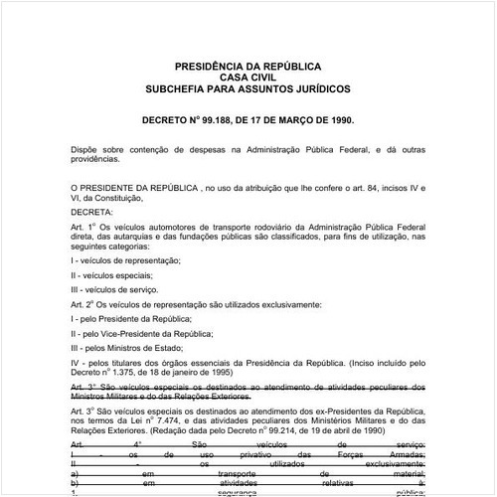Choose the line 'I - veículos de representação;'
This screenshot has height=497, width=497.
125,259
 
